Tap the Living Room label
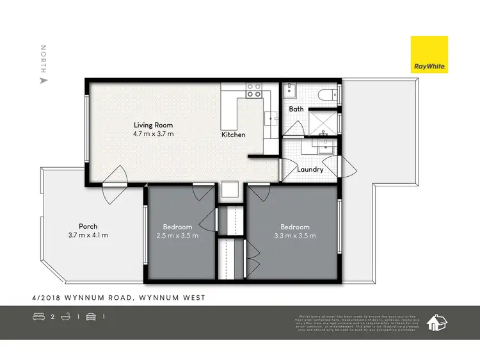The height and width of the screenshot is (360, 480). point(153,125)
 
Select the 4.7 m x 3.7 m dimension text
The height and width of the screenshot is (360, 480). point(153,134)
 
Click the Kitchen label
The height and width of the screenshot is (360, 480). point(234,135)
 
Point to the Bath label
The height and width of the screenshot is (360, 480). point(296,109)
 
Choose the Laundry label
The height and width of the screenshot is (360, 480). point(310,169)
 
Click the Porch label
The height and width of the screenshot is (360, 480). point(88,226)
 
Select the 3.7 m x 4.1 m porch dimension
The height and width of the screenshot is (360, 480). point(88,235)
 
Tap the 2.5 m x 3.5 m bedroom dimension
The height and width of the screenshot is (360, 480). point(177,236)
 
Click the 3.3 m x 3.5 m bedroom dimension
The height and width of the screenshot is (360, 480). point(294,236)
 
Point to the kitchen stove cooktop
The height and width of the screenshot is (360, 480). point(254,90)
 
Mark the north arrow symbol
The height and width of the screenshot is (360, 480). point(44,81)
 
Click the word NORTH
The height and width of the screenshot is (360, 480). point(44,58)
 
